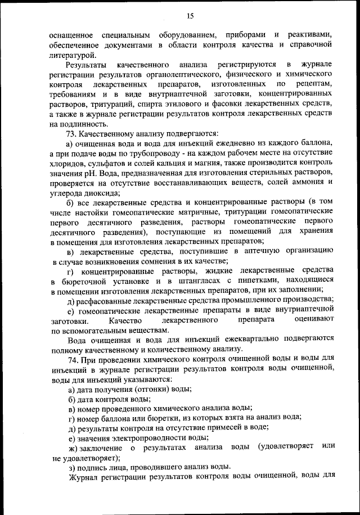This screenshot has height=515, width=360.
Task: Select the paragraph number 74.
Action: (73, 358)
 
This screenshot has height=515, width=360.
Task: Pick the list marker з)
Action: (71, 467)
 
